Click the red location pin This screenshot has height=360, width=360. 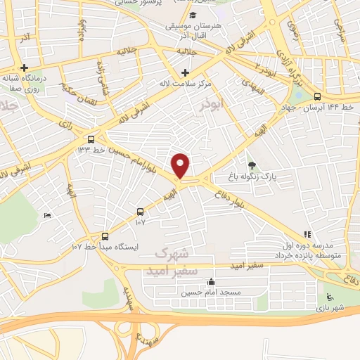(x=181, y=165)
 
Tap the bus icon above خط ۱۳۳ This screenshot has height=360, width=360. (x=91, y=139)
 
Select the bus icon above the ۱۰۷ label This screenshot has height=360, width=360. (x=140, y=211)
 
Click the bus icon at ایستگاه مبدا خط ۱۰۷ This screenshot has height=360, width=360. (x=105, y=236)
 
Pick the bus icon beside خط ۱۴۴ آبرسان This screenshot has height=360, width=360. (x=317, y=96)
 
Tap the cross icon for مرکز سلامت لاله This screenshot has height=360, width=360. (x=185, y=72)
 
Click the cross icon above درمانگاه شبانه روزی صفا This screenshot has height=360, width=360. (x=24, y=67)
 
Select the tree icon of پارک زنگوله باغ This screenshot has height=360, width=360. (x=252, y=165)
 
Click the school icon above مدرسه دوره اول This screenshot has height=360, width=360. (x=307, y=235)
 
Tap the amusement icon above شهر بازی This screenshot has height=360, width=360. (x=330, y=295)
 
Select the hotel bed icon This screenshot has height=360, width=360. (x=47, y=215)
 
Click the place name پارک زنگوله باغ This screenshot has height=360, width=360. (x=252, y=176)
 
